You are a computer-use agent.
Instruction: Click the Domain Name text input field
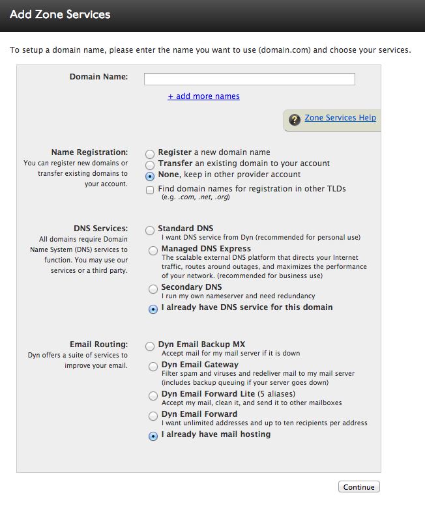point(249,79)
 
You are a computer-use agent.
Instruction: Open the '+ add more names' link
point(203,96)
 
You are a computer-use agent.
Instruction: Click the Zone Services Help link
point(340,118)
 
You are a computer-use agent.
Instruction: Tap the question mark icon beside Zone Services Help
point(295,119)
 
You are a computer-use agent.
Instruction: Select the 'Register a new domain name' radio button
point(150,154)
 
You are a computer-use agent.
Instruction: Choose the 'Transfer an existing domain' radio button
point(150,165)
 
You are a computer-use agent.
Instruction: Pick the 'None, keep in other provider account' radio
point(150,176)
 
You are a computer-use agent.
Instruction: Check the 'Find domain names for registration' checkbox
point(150,190)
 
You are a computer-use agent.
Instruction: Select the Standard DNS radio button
point(150,230)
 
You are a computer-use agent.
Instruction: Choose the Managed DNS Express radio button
point(153,250)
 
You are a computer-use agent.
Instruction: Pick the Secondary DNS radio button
point(153,289)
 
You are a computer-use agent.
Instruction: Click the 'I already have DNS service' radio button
point(153,309)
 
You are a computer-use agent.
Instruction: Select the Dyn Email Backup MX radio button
point(150,346)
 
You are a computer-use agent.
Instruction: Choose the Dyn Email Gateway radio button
point(153,367)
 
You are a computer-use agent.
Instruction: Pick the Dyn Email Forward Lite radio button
point(153,396)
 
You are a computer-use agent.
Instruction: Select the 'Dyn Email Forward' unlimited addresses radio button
point(153,415)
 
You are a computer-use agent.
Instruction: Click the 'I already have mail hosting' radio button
point(153,436)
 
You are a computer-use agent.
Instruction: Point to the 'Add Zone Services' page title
point(60,14)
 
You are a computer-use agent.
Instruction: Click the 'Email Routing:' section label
point(98,345)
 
